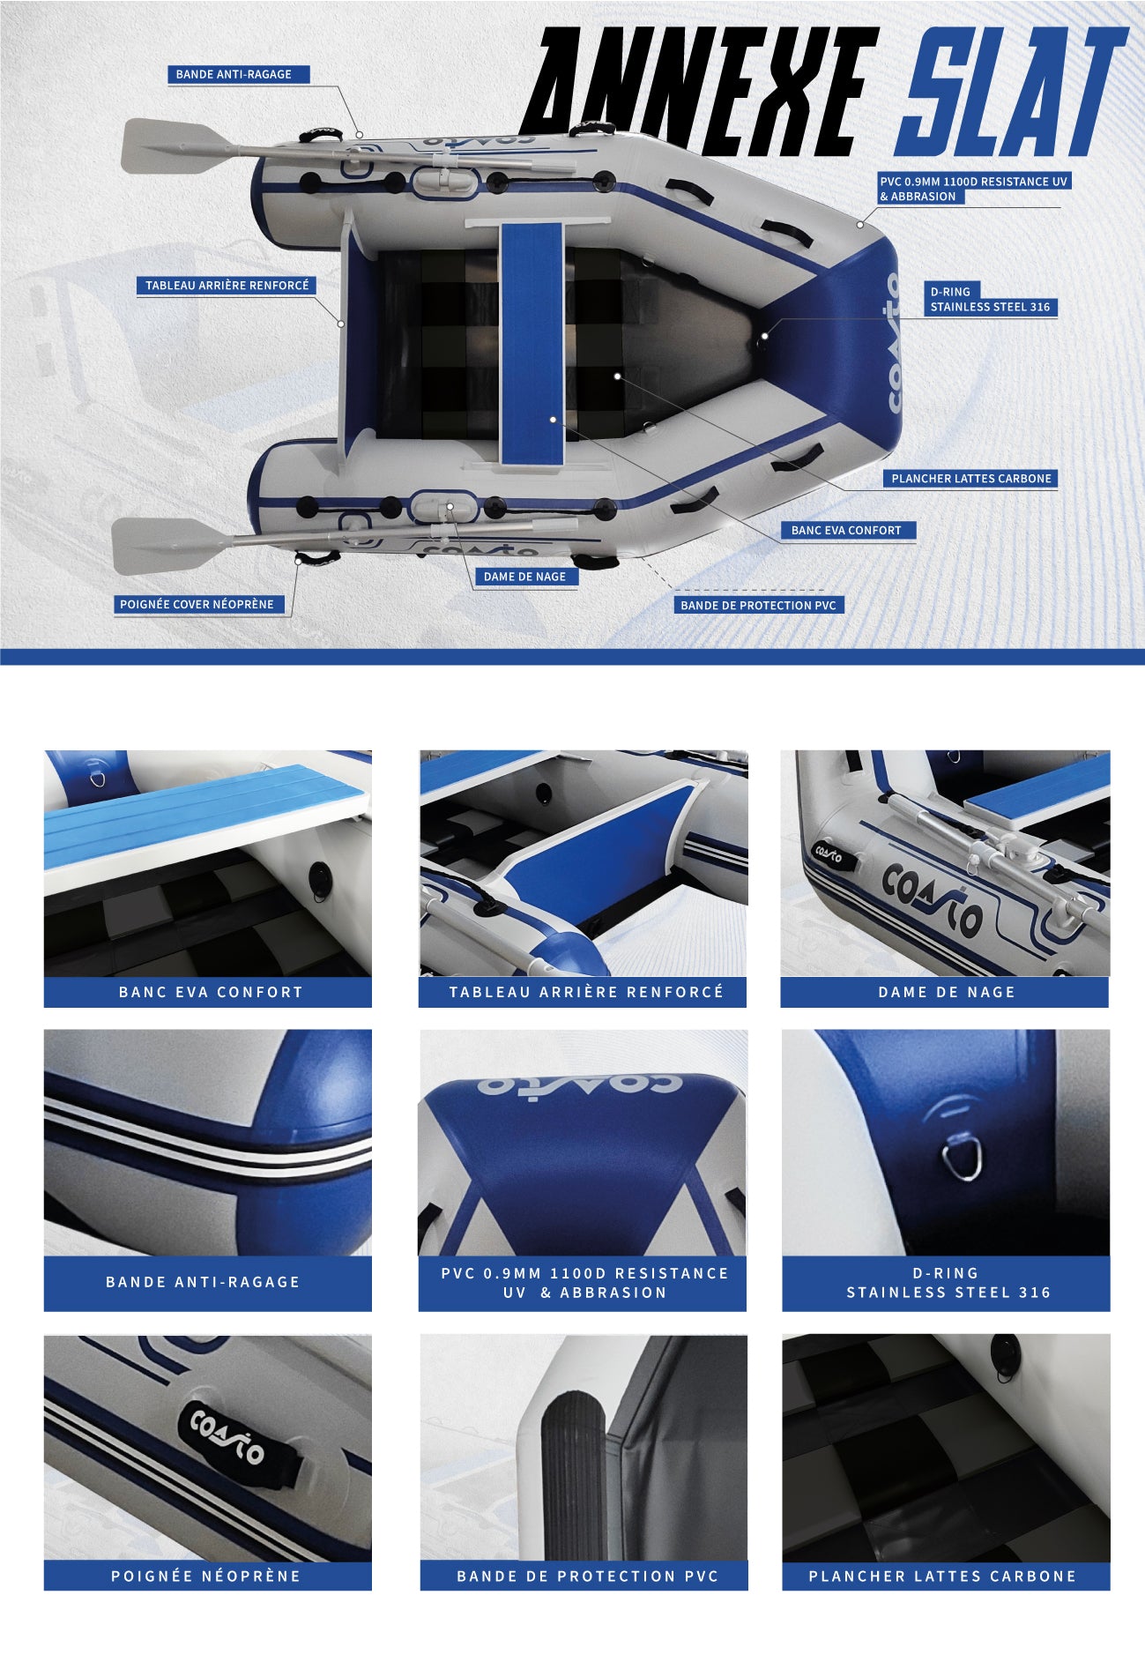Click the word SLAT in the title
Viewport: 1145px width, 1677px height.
click(x=1011, y=92)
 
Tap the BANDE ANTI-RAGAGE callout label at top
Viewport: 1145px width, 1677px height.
click(x=238, y=74)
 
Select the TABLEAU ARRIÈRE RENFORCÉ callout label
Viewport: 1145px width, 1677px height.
click(x=227, y=286)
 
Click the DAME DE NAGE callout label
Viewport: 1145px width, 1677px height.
click(x=525, y=577)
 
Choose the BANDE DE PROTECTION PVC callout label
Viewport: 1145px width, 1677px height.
click(x=759, y=605)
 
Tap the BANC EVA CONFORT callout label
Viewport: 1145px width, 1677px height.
click(x=846, y=530)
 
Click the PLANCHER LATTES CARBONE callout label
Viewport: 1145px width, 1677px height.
click(x=970, y=479)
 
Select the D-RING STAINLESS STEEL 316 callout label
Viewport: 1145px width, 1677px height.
click(x=990, y=299)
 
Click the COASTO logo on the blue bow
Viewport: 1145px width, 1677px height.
click(x=893, y=343)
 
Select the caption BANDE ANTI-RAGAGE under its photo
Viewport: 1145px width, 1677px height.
click(x=203, y=1282)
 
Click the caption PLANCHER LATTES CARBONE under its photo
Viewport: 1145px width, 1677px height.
click(x=943, y=1576)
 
